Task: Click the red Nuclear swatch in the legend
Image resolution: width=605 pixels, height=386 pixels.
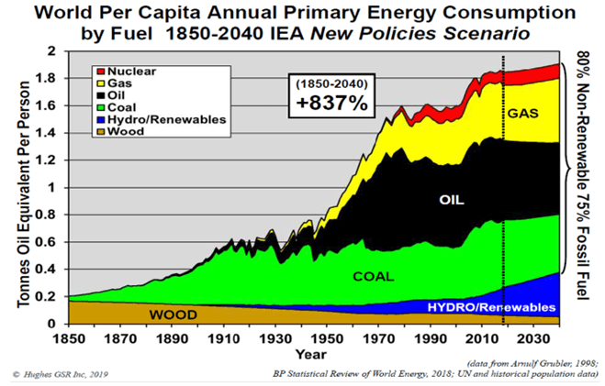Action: coord(100,71)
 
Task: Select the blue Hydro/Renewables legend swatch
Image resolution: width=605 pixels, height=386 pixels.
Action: coord(100,119)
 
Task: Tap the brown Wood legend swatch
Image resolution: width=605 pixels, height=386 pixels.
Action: coord(100,131)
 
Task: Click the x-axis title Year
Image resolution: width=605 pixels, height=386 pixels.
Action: coord(310,353)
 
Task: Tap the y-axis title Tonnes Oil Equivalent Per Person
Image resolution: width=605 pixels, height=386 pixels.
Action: coord(22,188)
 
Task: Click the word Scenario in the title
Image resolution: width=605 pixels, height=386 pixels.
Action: coord(487,34)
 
